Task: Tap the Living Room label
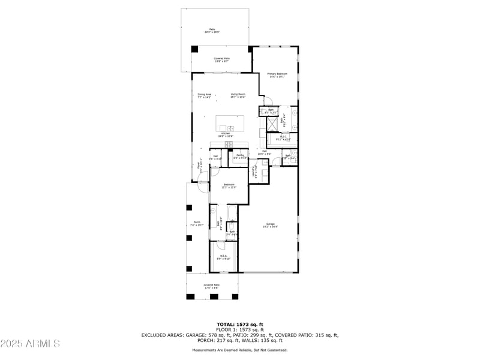(238, 95)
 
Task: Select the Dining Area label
(205, 95)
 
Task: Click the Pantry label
(239, 157)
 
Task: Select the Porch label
(197, 224)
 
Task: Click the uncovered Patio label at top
(212, 30)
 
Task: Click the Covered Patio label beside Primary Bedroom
(222, 59)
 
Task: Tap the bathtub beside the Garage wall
(232, 212)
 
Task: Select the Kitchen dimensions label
(226, 136)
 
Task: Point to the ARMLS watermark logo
(30, 343)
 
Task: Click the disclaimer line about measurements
(240, 350)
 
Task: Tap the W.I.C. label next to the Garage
(223, 257)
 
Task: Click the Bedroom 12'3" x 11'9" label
(229, 186)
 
